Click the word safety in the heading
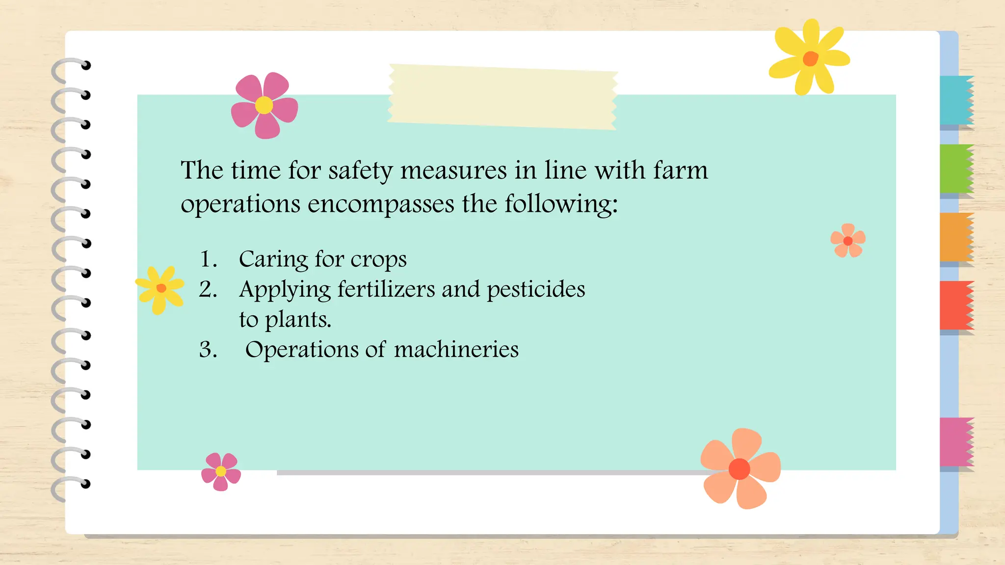(x=360, y=171)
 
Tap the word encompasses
(x=381, y=204)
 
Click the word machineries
(x=456, y=350)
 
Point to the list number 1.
(x=208, y=259)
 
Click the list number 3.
(x=208, y=350)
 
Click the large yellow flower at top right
(x=810, y=58)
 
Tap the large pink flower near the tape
(x=264, y=105)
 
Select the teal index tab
(x=956, y=100)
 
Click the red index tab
(x=956, y=305)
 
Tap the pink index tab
(x=956, y=441)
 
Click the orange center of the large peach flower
(x=739, y=469)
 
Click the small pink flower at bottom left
(x=221, y=471)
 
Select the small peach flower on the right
(x=847, y=240)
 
